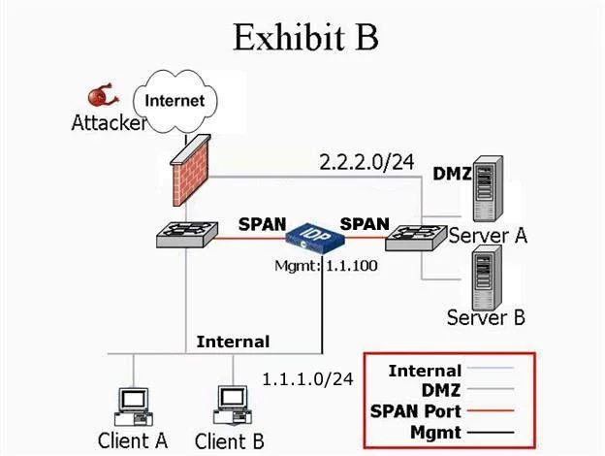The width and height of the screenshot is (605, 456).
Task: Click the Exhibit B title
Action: point(305,37)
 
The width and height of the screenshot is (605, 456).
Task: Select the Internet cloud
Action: point(175,101)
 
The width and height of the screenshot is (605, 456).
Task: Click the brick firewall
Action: point(191,171)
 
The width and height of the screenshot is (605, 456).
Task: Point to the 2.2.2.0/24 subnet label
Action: point(366,162)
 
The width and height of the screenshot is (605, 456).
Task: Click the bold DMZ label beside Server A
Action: point(452,174)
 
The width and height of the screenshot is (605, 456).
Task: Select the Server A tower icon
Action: point(488,188)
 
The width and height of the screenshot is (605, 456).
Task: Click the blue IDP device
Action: point(315,239)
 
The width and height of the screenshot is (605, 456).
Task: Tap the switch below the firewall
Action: point(187,235)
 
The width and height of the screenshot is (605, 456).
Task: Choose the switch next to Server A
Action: point(416,239)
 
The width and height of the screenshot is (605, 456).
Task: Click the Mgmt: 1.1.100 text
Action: point(326,266)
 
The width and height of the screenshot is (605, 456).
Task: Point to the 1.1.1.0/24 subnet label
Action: point(307,379)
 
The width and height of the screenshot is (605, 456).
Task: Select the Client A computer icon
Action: point(133,407)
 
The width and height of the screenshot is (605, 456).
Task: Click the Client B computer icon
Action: point(233,406)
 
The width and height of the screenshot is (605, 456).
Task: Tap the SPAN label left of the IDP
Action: point(263,224)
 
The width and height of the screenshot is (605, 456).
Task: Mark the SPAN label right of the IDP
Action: point(365,224)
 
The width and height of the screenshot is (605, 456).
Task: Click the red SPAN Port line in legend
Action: point(491,410)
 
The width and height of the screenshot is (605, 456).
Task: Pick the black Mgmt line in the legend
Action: point(491,433)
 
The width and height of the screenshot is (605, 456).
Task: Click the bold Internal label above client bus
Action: point(233,342)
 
